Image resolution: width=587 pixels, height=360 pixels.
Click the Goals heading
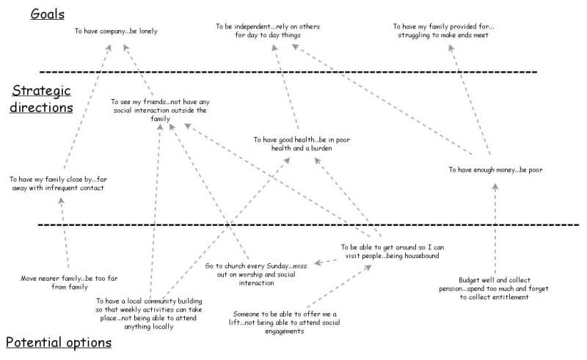[x=47, y=14]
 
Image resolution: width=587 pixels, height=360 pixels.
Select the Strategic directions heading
[x=41, y=98]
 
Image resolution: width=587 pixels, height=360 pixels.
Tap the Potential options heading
[x=59, y=342]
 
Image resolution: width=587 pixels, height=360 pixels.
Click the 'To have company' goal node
[x=116, y=32]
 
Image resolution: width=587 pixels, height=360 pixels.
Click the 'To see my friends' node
[x=158, y=110]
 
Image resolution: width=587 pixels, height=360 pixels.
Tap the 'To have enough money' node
[x=495, y=169]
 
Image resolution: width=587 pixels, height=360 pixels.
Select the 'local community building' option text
[x=149, y=313]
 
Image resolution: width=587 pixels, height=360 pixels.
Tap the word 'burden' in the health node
[x=320, y=148]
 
